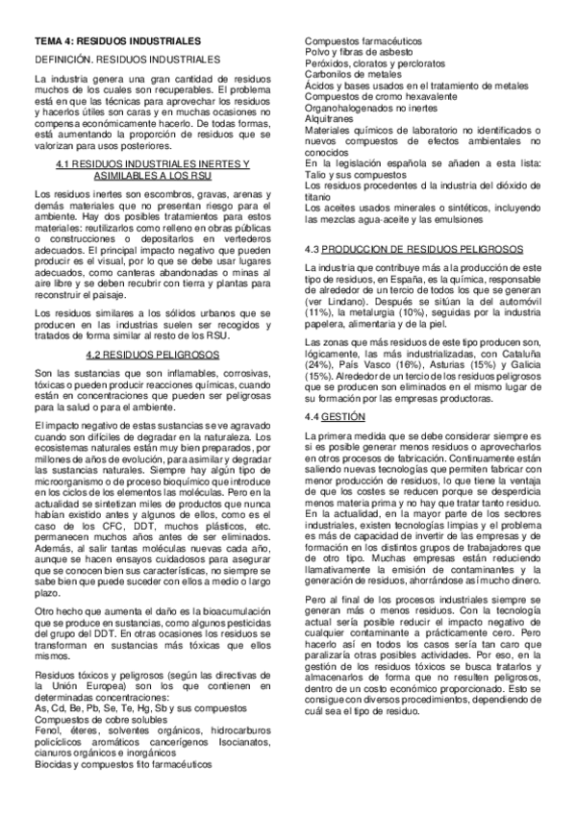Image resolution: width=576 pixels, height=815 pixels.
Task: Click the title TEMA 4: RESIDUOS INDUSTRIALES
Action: (x=117, y=42)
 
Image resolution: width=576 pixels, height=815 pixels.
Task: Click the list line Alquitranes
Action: (x=329, y=120)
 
